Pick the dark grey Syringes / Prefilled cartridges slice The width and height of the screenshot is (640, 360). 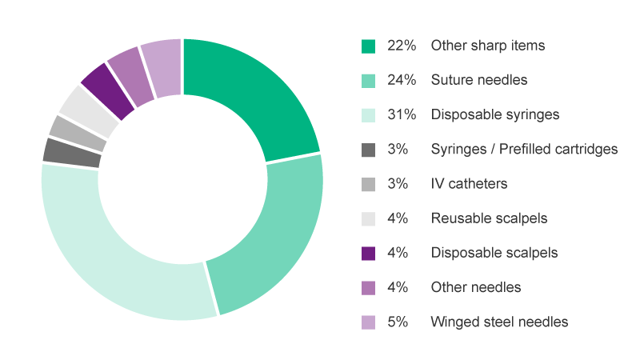coord(72,152)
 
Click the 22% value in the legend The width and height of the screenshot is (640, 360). coord(402,46)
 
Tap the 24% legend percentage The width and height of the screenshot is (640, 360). coord(402,80)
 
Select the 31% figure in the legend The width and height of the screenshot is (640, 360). coord(402,114)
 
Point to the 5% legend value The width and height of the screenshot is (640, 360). coord(398,322)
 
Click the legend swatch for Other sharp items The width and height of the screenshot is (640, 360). coord(368,46)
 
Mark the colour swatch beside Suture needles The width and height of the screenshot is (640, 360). coord(368,80)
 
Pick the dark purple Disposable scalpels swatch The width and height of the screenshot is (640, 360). coord(368,253)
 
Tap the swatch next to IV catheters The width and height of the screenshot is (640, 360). coord(368,184)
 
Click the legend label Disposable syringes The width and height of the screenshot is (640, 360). coord(494,114)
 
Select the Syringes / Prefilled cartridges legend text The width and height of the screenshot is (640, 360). coord(524,149)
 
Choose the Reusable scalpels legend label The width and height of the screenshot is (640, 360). coord(489,218)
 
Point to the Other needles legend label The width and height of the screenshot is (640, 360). coord(476,287)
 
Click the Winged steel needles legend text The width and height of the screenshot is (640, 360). coord(499,322)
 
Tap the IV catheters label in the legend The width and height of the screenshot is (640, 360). coord(469,184)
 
